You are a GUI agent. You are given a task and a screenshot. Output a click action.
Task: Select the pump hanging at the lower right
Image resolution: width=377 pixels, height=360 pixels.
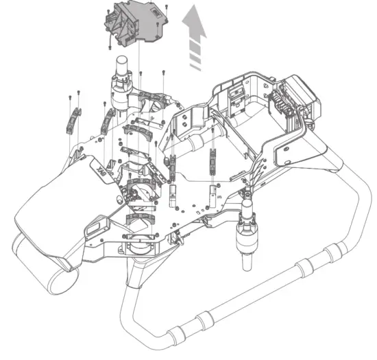click(247, 232)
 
